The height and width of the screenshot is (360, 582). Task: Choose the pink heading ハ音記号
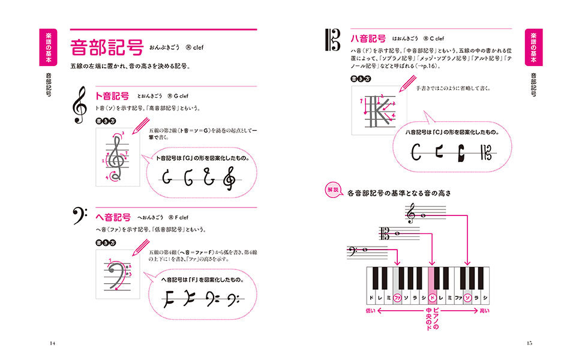coord(368,38)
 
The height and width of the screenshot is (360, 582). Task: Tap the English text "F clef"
coord(179,217)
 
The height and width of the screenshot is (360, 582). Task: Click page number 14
coord(52,343)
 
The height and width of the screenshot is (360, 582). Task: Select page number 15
coord(529,343)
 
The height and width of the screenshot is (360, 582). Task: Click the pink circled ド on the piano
coord(431,297)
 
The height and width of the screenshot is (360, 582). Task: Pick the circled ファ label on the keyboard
coord(397,297)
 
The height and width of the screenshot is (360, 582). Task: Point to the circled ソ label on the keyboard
coord(467,297)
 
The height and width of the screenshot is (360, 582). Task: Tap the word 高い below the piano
coord(485,311)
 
